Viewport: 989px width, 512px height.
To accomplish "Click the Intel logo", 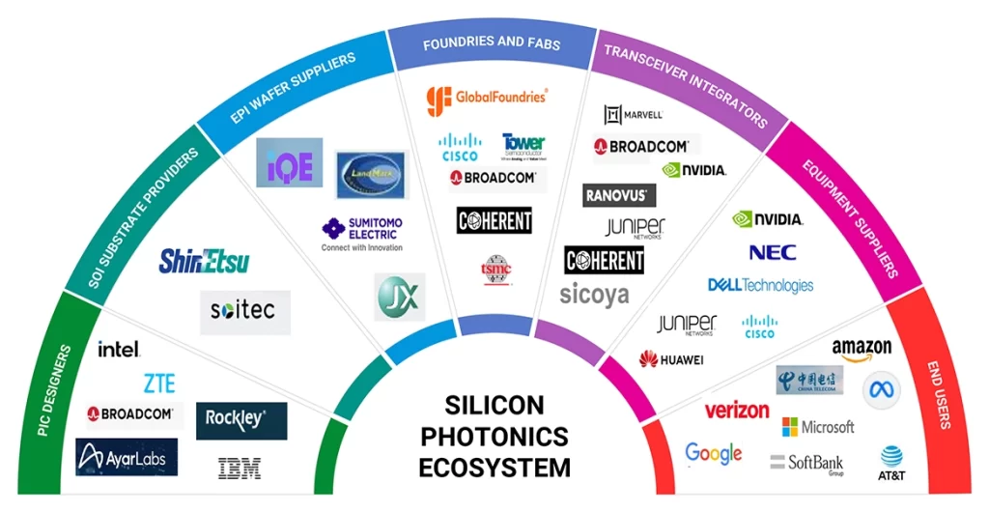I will click(119, 349).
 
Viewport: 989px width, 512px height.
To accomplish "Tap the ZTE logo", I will click(159, 384).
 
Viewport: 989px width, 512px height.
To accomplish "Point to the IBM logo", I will click(239, 469).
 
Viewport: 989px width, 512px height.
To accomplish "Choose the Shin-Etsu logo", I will click(203, 261).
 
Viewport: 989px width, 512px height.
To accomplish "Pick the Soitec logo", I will click(243, 311).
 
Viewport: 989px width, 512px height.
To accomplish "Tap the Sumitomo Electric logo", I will click(362, 234).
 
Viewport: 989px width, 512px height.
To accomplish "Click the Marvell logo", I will click(634, 115).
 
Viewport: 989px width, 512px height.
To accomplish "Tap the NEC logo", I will click(773, 253).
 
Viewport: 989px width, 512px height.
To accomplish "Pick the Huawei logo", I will click(670, 359).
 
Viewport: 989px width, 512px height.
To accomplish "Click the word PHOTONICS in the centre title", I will click(494, 436).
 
